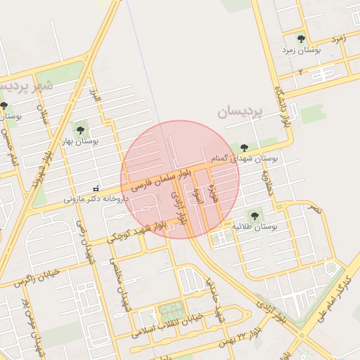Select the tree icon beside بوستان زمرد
[301, 39]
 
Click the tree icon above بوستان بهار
[79, 129]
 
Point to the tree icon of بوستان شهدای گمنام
[244, 148]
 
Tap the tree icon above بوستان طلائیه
[254, 215]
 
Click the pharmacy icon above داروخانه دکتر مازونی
[96, 188]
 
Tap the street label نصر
[315, 209]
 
